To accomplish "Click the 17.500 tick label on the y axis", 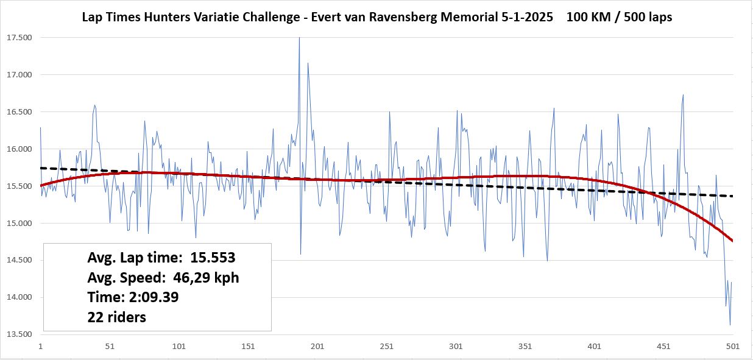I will pyautogui.click(x=19, y=38).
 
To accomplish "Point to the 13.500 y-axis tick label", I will pyautogui.click(x=19, y=334).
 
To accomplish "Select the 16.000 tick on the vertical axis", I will pyautogui.click(x=19, y=149).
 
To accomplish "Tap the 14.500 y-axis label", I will pyautogui.click(x=19, y=261).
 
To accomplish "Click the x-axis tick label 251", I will pyautogui.click(x=386, y=347).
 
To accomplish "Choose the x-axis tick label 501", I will pyautogui.click(x=732, y=347).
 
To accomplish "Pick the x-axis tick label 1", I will pyautogui.click(x=40, y=347).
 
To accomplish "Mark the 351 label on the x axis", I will pyautogui.click(x=525, y=347).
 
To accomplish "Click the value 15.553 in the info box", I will pyautogui.click(x=213, y=258).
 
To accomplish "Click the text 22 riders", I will pyautogui.click(x=117, y=317).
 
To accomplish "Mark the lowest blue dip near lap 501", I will pyautogui.click(x=730, y=324).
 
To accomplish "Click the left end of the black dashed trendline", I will pyautogui.click(x=41, y=168).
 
